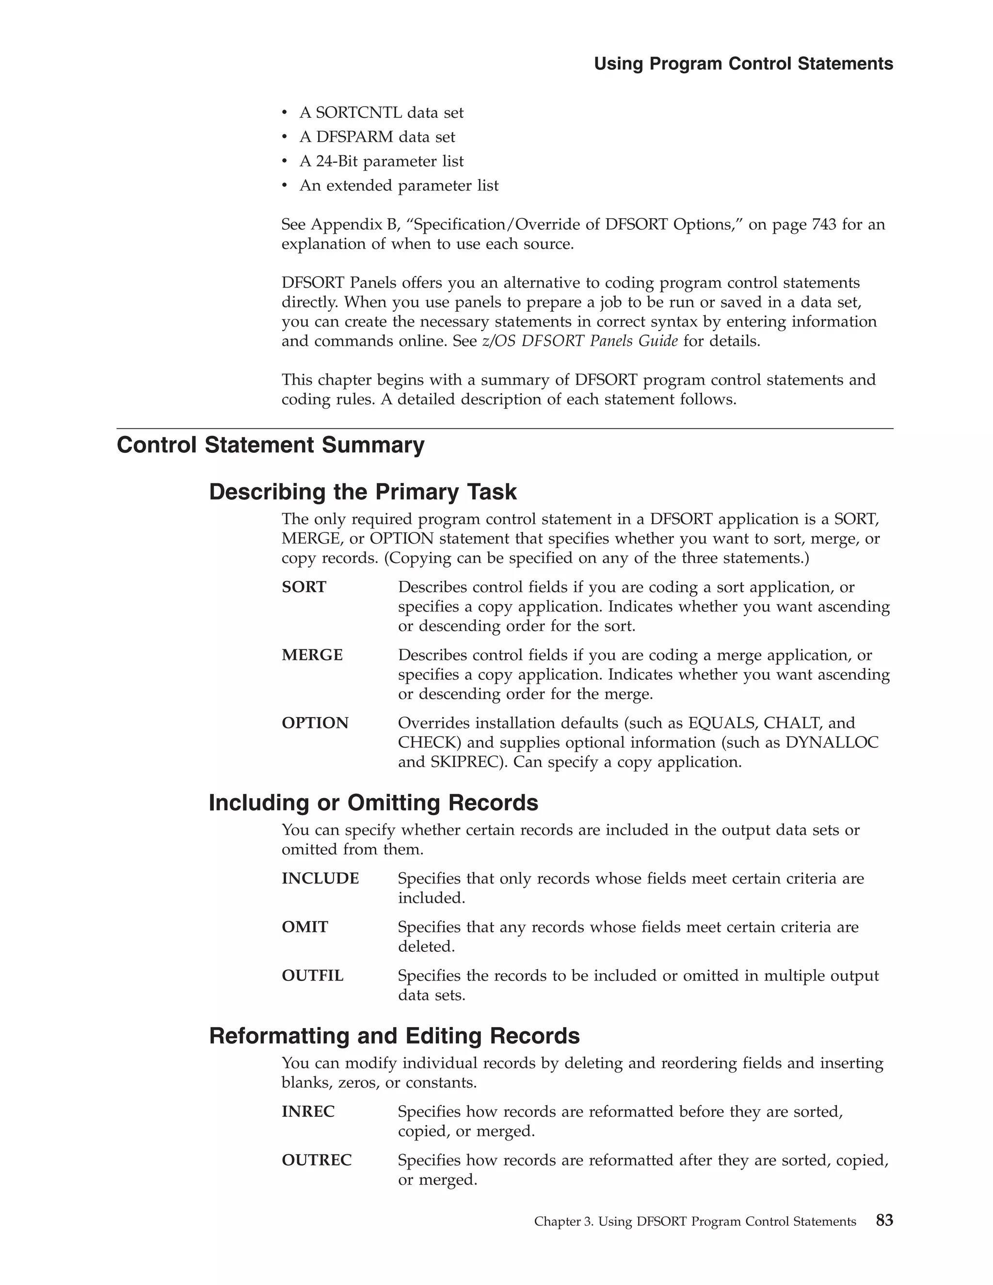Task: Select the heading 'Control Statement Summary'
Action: (270, 445)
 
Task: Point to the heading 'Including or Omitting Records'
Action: (373, 803)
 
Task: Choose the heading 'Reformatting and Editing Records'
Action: (394, 1036)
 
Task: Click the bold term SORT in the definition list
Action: (304, 587)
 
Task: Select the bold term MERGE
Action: (312, 655)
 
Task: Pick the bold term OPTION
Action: (315, 723)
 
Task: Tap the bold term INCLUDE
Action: (320, 879)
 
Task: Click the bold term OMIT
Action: (304, 927)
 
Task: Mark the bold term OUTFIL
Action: (312, 976)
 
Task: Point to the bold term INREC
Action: (308, 1111)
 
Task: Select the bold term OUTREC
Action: (317, 1160)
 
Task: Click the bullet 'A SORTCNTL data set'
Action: (381, 112)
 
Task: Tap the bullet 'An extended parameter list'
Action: (398, 185)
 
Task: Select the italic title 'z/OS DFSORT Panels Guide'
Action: (579, 341)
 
